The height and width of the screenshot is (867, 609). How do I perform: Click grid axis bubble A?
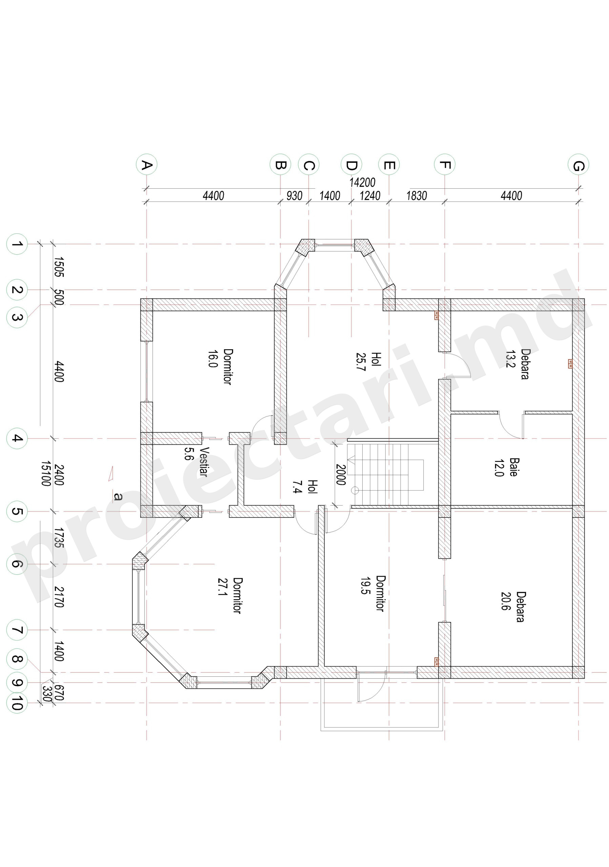pyautogui.click(x=147, y=164)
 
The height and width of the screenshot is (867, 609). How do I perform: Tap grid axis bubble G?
pyautogui.click(x=578, y=165)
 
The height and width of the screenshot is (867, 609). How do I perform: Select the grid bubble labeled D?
pyautogui.click(x=351, y=164)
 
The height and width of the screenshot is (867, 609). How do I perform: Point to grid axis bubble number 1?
pyautogui.click(x=17, y=244)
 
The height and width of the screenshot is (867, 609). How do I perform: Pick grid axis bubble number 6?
pyautogui.click(x=17, y=564)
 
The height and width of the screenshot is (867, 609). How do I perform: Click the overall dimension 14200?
pyautogui.click(x=362, y=183)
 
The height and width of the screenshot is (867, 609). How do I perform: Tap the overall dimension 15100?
pyautogui.click(x=46, y=473)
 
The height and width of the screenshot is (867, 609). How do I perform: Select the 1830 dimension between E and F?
pyautogui.click(x=416, y=196)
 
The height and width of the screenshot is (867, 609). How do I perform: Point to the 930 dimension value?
pyautogui.click(x=294, y=196)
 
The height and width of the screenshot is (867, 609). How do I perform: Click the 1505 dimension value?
pyautogui.click(x=59, y=267)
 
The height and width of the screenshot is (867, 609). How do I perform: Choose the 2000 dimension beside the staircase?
pyautogui.click(x=341, y=474)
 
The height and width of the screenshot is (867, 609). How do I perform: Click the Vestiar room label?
pyautogui.click(x=204, y=462)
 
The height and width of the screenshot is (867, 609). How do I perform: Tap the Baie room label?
pyautogui.click(x=514, y=467)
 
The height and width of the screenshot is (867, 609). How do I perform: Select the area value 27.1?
pyautogui.click(x=222, y=587)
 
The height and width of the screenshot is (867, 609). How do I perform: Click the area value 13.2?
pyautogui.click(x=510, y=359)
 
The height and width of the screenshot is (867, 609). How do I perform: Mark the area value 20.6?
pyautogui.click(x=506, y=601)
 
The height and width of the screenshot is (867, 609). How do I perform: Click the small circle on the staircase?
pyautogui.click(x=355, y=490)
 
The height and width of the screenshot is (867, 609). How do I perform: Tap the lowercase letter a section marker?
pyautogui.click(x=118, y=496)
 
